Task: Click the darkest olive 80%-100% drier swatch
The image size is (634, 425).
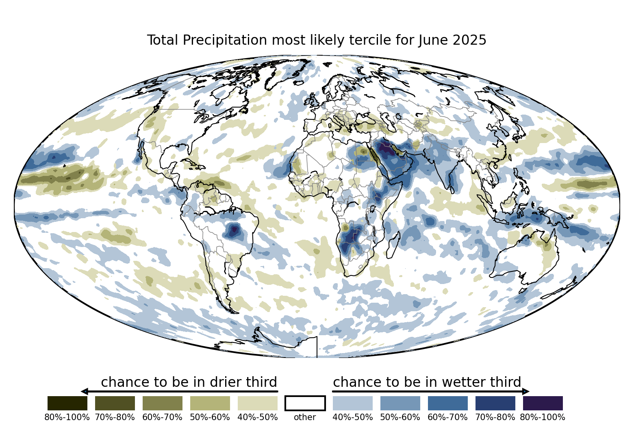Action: pyautogui.click(x=67, y=403)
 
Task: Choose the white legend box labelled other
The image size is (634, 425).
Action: pyautogui.click(x=305, y=403)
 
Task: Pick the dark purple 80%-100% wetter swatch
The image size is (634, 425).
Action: pyautogui.click(x=543, y=403)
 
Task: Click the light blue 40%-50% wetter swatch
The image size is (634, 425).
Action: pyautogui.click(x=352, y=403)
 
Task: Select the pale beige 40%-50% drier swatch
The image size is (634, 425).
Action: pyautogui.click(x=257, y=403)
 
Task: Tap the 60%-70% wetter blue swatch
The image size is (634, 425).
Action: pyautogui.click(x=447, y=403)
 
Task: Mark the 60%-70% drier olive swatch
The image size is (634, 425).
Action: pyautogui.click(x=163, y=403)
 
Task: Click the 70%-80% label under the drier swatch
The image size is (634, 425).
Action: pyautogui.click(x=115, y=417)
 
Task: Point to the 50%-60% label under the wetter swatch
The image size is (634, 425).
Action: pyautogui.click(x=400, y=417)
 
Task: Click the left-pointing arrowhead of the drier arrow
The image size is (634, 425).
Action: pyautogui.click(x=85, y=391)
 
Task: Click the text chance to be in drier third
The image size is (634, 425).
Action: pyautogui.click(x=189, y=382)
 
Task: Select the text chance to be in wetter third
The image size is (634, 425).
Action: pyautogui.click(x=427, y=382)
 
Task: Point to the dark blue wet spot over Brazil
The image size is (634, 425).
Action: pyautogui.click(x=234, y=231)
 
